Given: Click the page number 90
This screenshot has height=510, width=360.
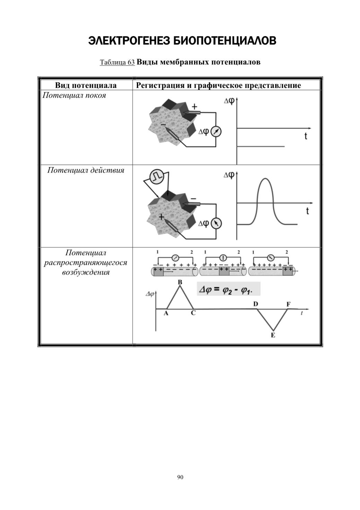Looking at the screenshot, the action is coord(180,477).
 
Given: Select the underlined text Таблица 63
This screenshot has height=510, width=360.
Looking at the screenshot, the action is coord(117,62).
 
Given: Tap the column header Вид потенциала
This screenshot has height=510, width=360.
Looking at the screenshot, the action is coord(86,85).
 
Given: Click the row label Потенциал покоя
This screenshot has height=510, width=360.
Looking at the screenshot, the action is coord(74,95).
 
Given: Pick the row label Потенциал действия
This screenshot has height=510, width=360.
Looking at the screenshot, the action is coord(86,170).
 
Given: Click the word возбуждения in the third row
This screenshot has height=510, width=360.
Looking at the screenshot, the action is coord(86,272).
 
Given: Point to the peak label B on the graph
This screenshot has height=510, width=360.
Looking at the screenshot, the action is coord(180,282).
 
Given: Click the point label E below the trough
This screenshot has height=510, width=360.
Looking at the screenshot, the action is coord(273,335).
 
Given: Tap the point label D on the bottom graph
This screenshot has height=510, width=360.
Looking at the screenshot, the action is coord(256,304).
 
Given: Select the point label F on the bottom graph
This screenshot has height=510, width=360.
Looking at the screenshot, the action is coord(288,304).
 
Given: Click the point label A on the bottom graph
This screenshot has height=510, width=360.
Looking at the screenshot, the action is coord(166,313).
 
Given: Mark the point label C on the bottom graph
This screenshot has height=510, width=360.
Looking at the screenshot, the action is coord(193,313).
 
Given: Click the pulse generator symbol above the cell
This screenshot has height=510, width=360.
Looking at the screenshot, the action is coord(156,177).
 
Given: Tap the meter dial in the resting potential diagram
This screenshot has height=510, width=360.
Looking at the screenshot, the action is coord(216,132).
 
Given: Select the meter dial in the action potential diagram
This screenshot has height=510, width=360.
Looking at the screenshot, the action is coord(216,224).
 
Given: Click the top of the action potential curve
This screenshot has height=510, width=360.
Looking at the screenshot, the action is coord(265,179).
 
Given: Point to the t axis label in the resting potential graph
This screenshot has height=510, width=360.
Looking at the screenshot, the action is coord(306,136).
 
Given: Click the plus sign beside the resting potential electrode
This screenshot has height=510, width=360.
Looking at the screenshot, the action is coord(194,106).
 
